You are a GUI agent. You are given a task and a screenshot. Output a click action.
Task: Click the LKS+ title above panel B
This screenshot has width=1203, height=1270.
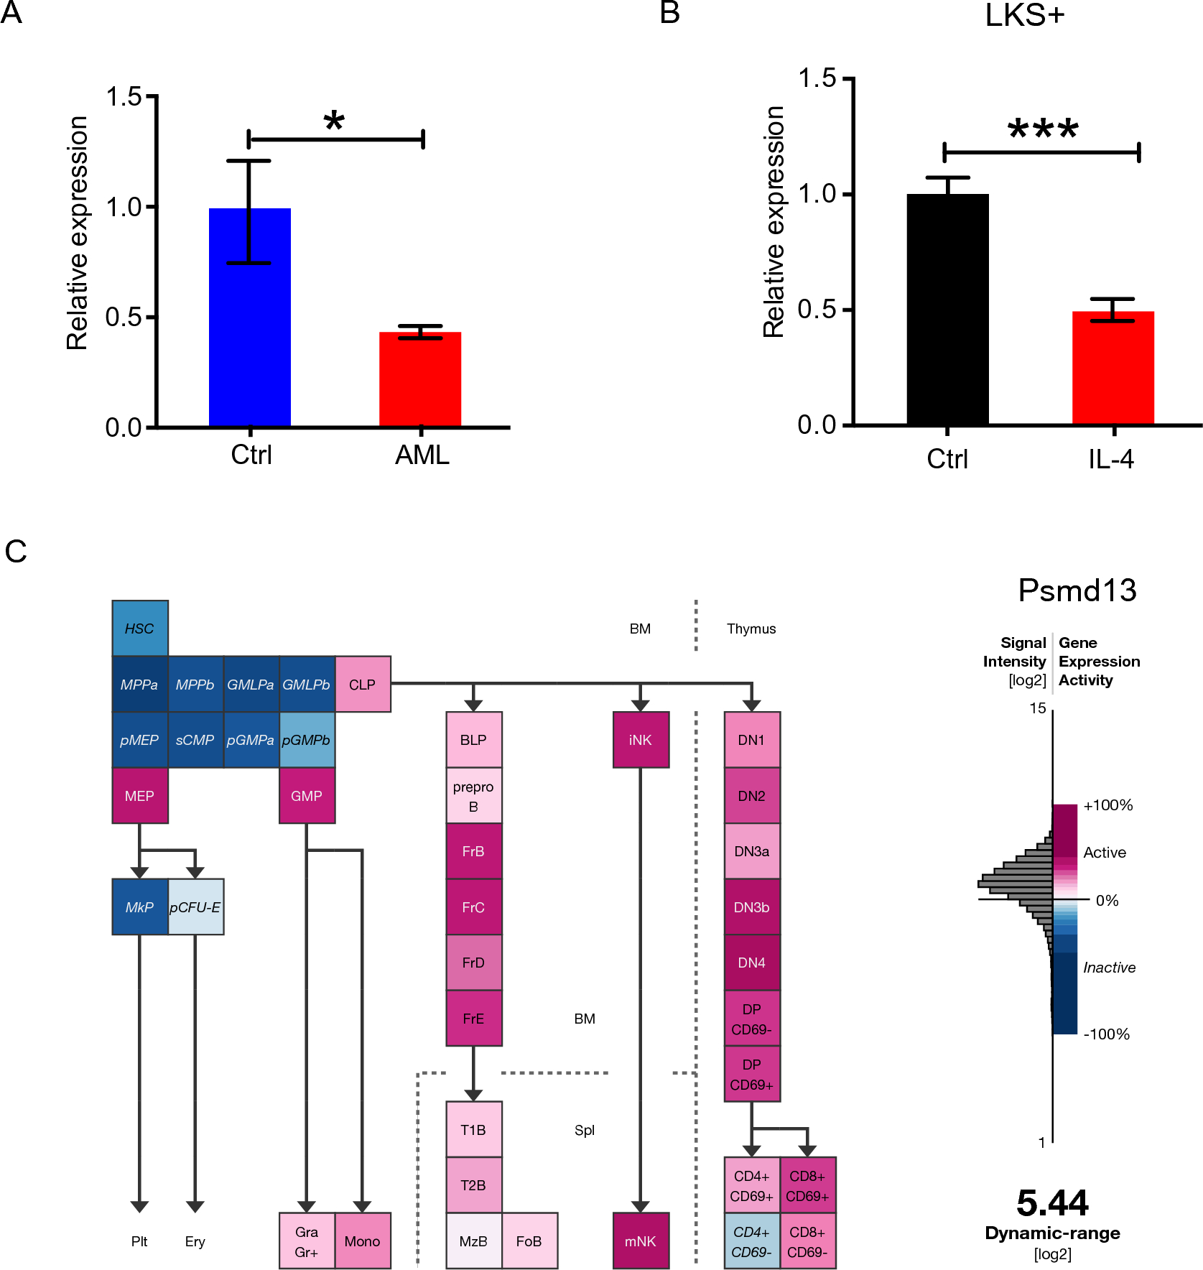tap(1024, 16)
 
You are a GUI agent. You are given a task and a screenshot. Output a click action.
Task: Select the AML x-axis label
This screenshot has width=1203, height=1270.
tap(422, 455)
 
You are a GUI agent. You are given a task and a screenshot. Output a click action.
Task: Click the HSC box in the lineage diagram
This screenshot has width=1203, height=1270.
tap(140, 629)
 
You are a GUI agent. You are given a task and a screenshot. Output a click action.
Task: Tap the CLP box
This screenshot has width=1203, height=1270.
tap(363, 685)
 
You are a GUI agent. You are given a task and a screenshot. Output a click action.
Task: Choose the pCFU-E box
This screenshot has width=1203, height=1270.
tap(195, 907)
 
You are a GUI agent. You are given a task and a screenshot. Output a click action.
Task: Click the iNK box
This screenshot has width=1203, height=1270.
tap(641, 740)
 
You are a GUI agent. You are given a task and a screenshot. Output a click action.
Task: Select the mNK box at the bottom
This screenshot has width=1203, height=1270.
tap(641, 1241)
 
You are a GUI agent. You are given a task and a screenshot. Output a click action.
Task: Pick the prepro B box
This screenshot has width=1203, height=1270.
tap(473, 796)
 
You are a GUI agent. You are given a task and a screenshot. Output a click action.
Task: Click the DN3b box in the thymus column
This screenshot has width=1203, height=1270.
tap(751, 907)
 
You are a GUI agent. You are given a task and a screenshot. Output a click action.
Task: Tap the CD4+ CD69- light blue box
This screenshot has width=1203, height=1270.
tap(751, 1241)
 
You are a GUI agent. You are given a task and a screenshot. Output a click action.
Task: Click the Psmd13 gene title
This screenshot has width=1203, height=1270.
tap(1077, 591)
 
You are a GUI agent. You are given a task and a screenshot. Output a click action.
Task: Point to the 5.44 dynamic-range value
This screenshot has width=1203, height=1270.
tap(1052, 1203)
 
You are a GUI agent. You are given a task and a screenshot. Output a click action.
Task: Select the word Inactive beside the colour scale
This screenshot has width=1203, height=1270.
tap(1109, 968)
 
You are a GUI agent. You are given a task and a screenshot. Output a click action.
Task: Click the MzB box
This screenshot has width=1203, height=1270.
tap(473, 1241)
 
